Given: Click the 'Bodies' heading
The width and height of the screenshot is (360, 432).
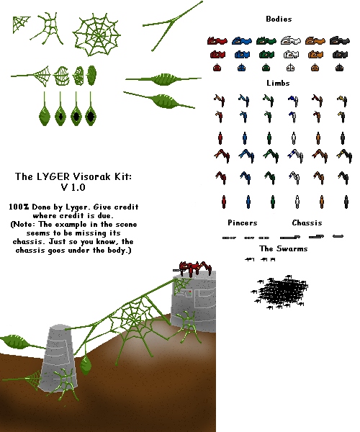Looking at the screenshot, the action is click(279, 19).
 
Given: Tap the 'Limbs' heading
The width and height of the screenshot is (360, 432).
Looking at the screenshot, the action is click(278, 83).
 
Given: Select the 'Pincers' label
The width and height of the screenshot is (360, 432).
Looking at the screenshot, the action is click(243, 222).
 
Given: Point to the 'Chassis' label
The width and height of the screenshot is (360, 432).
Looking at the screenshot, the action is click(307, 222).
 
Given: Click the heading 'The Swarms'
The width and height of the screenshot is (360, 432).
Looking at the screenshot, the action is click(284, 248).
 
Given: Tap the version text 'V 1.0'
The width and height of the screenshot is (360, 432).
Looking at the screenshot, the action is click(73, 187).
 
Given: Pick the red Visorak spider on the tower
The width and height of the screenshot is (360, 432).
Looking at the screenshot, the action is click(193, 268).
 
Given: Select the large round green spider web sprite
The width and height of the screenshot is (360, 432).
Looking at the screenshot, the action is click(96, 35).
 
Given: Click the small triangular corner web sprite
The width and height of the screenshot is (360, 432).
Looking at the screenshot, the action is click(20, 24).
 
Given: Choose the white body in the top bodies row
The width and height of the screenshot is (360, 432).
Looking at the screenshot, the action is click(291, 40).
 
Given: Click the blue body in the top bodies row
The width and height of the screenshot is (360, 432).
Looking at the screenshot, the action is click(242, 40).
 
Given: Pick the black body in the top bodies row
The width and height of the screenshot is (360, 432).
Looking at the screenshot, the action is click(340, 40).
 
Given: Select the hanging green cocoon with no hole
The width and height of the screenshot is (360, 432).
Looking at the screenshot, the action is click(45, 116).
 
